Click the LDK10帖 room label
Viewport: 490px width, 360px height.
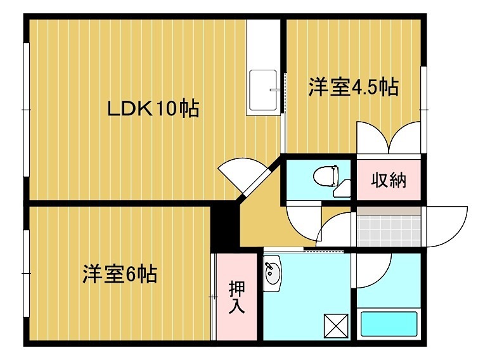pyautogui.click(x=153, y=109)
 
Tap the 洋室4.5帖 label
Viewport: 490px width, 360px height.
pyautogui.click(x=353, y=87)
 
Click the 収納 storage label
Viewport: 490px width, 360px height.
pyautogui.click(x=387, y=181)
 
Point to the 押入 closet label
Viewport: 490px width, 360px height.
pyautogui.click(x=236, y=296)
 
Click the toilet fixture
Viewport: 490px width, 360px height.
pyautogui.click(x=326, y=174)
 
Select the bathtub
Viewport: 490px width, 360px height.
pyautogui.click(x=389, y=323)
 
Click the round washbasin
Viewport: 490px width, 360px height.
pyautogui.click(x=272, y=274)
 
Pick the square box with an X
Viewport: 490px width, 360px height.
pyautogui.click(x=335, y=325)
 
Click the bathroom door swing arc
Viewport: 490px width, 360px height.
pyautogui.click(x=373, y=270)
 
